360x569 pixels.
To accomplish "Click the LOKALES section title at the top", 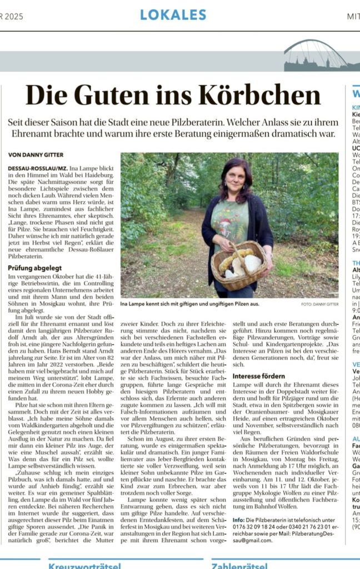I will pos(173,15).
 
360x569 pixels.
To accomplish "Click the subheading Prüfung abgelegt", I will pos(34,267).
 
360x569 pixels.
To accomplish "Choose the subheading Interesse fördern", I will pos(259,376).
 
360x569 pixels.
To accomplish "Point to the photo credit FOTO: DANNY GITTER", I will pos(319,305).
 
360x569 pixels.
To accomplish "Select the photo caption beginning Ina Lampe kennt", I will pos(182,305).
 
